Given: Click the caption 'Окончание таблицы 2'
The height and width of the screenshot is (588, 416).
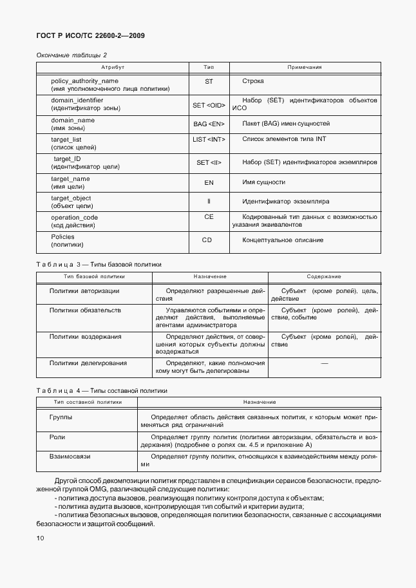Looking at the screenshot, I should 71,55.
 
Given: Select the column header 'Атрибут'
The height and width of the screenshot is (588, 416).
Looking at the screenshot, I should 112,67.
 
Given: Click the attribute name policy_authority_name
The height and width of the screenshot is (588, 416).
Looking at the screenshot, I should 84,81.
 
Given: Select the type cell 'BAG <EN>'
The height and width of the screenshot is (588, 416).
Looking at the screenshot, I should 209,124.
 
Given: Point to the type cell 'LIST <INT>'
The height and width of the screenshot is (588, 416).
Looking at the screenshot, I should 209,139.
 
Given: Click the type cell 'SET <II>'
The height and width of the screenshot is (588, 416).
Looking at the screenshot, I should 209,163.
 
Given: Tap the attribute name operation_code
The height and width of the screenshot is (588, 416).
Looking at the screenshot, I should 75,218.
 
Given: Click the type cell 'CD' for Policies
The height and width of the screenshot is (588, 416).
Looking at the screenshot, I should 207,240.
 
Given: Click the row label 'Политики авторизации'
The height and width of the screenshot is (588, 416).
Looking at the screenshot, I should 84,291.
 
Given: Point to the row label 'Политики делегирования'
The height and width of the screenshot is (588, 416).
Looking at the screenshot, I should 88,363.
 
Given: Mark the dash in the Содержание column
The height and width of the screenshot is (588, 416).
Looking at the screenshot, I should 324,364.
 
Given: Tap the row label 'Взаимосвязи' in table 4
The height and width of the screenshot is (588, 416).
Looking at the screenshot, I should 70,456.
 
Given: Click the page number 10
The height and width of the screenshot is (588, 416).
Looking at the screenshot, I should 41,538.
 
